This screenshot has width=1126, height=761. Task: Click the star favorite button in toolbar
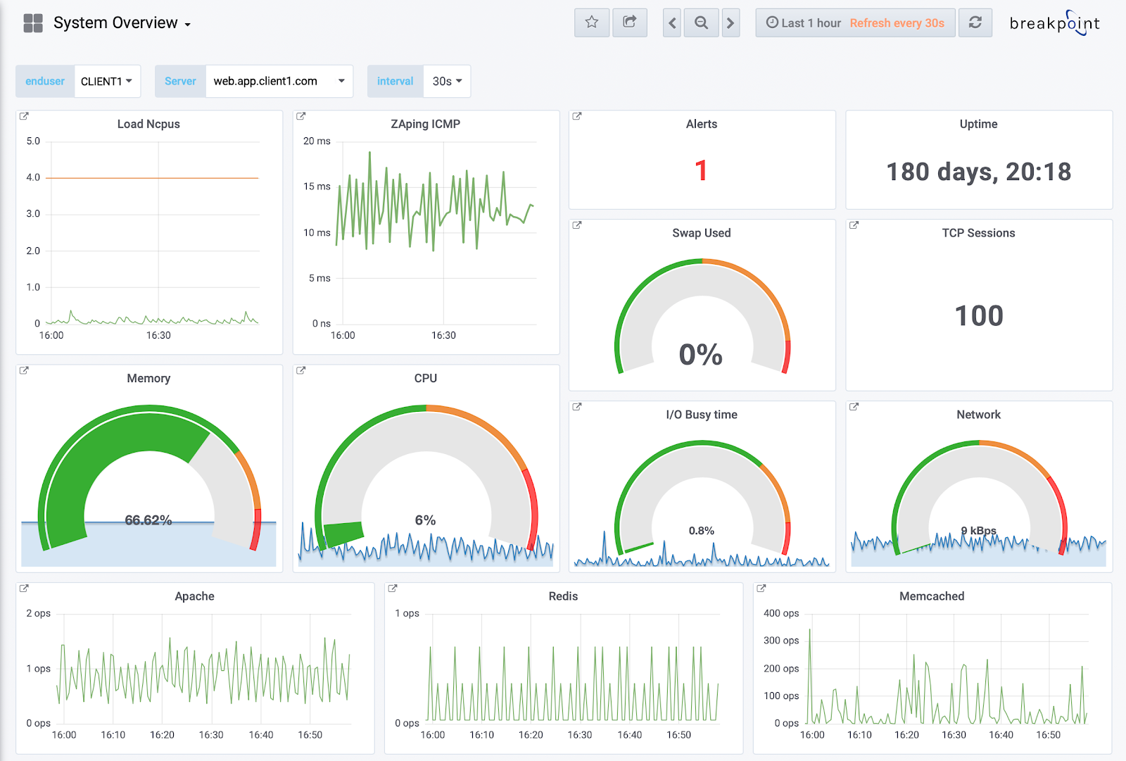pos(592,23)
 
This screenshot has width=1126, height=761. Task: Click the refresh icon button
pos(975,23)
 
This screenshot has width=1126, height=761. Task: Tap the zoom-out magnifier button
pos(701,23)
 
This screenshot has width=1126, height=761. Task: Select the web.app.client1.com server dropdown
pos(279,81)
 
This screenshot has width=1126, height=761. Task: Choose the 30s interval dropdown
pos(447,81)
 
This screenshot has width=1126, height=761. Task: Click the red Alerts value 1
pos(701,170)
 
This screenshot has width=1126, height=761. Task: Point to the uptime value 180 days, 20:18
pos(978,172)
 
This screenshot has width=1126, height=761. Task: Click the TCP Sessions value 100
pos(978,315)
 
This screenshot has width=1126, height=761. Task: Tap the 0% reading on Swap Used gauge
pos(701,354)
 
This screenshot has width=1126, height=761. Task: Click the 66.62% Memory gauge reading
pos(148,520)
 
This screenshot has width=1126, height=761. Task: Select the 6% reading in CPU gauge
pos(425,520)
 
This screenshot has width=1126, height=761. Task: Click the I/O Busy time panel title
pos(702,415)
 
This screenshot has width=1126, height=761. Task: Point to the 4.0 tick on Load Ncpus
pos(33,177)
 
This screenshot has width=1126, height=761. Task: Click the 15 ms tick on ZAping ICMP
pos(317,187)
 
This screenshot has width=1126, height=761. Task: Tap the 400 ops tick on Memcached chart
pos(781,613)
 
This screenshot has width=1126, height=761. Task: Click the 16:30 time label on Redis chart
pos(580,735)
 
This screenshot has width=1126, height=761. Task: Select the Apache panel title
pos(194,596)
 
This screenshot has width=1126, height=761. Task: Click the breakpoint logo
pos(1054,23)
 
